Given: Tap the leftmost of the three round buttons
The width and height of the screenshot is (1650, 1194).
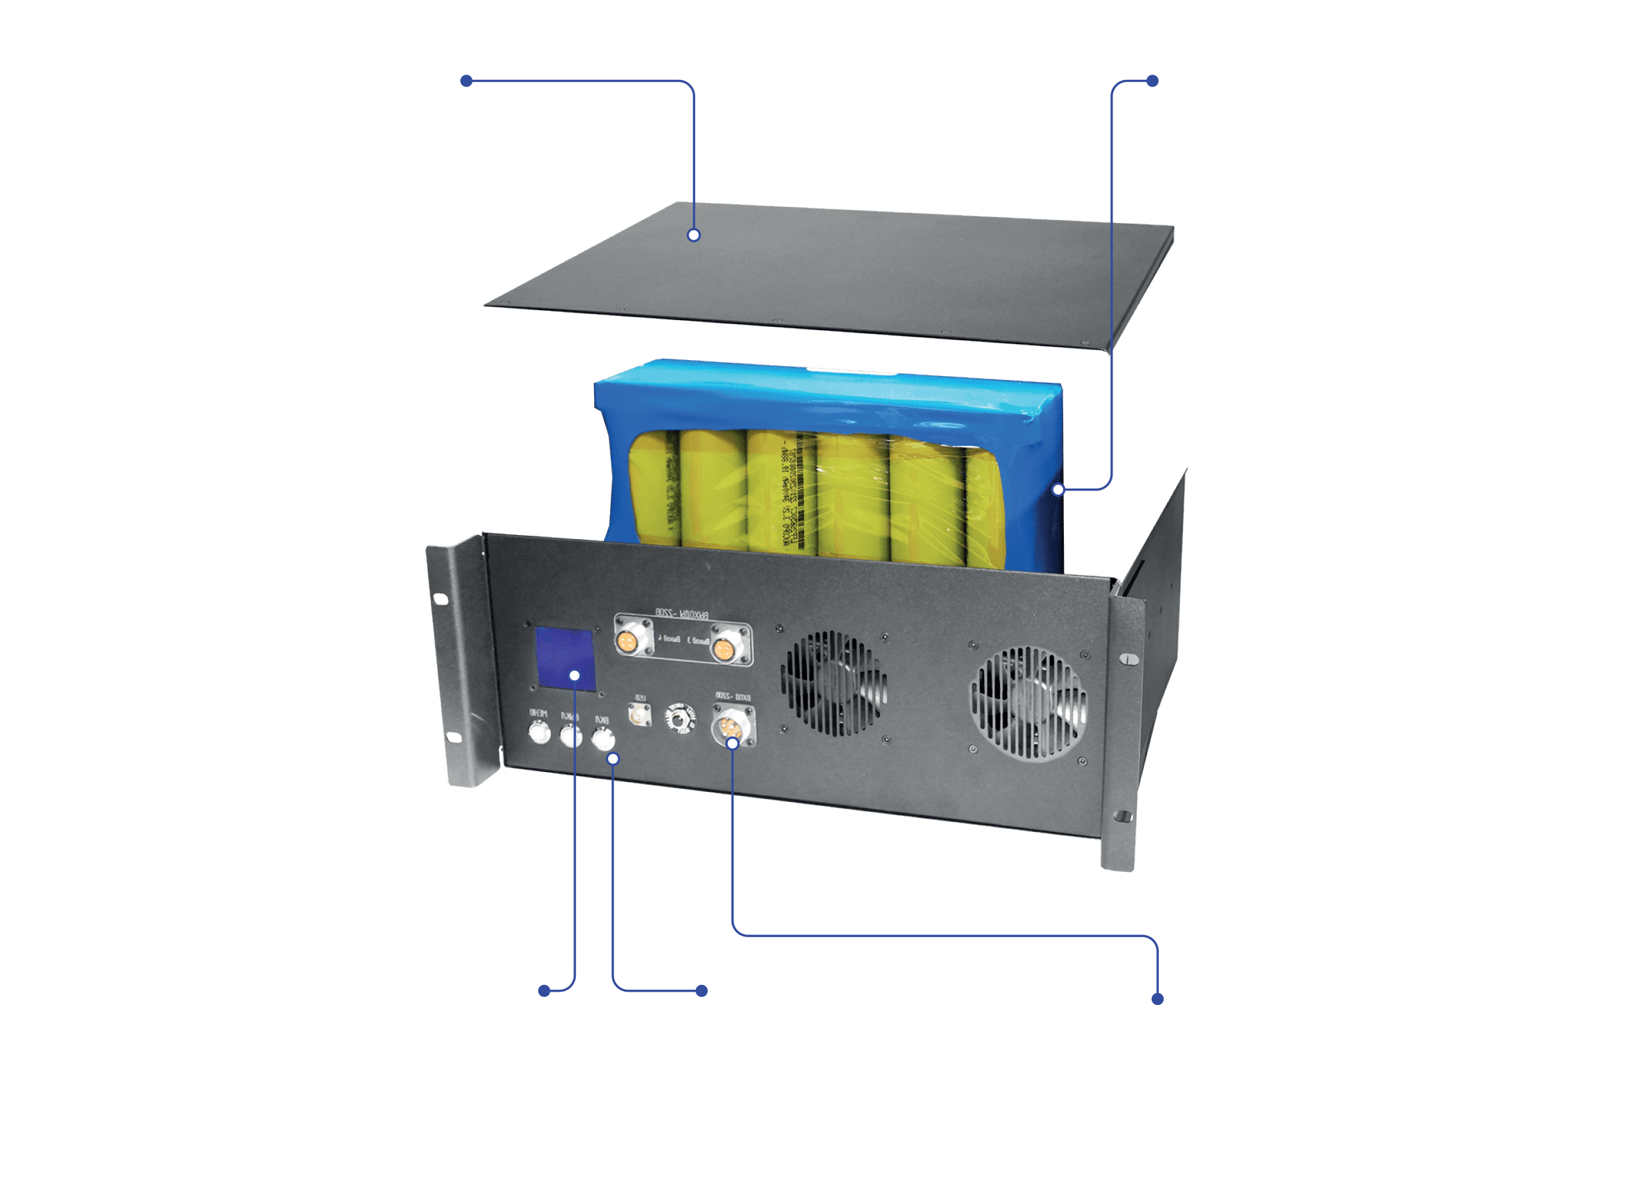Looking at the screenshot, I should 539,733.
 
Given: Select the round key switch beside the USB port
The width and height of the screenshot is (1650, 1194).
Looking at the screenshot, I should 680,719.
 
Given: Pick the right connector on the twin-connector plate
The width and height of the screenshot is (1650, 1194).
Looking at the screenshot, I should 723,648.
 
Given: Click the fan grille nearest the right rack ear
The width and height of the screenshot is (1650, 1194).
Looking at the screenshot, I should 1028,703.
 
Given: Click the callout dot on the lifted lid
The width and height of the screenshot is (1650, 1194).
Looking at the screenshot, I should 694,235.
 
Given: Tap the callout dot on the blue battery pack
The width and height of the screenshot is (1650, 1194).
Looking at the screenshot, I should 1059,490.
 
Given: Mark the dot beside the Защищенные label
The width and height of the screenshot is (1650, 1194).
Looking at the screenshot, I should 1158,1000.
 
